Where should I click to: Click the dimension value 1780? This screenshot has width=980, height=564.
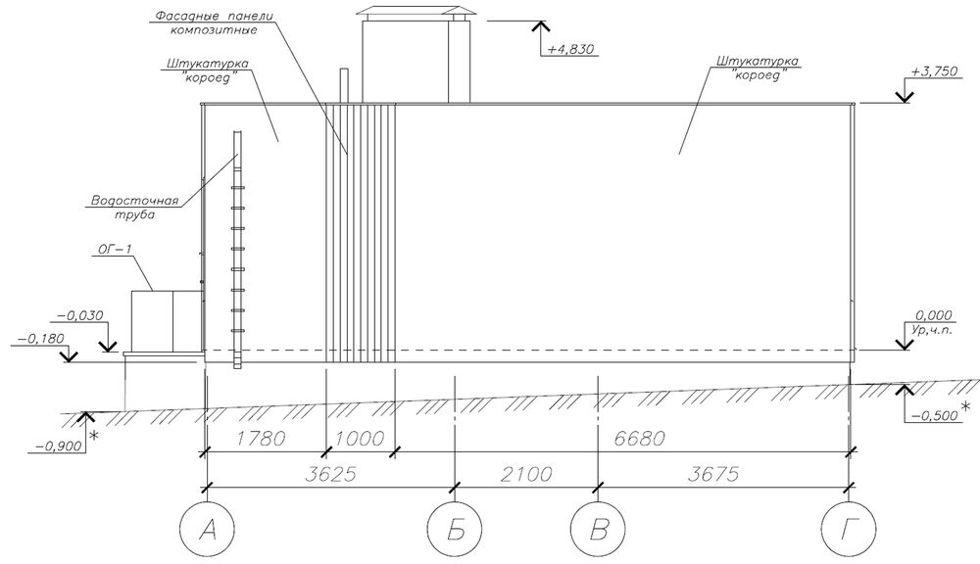coord(261,438)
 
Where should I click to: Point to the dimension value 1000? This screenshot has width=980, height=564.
coord(359,438)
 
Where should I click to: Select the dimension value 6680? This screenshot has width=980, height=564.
coord(639,438)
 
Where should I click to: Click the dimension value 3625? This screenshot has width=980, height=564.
coord(330,474)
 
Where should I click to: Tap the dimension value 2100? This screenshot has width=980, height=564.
coord(527,474)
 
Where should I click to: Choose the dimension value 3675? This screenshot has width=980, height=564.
coord(713,474)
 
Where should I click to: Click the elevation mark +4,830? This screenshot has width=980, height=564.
coord(570,49)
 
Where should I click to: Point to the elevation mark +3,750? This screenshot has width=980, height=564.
coord(934,71)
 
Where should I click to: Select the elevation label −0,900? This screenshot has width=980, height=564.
coord(60,446)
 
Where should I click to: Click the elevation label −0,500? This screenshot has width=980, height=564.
coord(934,416)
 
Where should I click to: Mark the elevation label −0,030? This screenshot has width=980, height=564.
coord(80,316)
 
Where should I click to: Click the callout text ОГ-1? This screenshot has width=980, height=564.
coord(115,250)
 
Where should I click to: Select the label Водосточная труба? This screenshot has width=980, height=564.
coord(135,208)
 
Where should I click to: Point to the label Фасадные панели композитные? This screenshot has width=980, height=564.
coord(214,23)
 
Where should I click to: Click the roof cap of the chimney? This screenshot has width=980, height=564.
coord(416,12)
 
